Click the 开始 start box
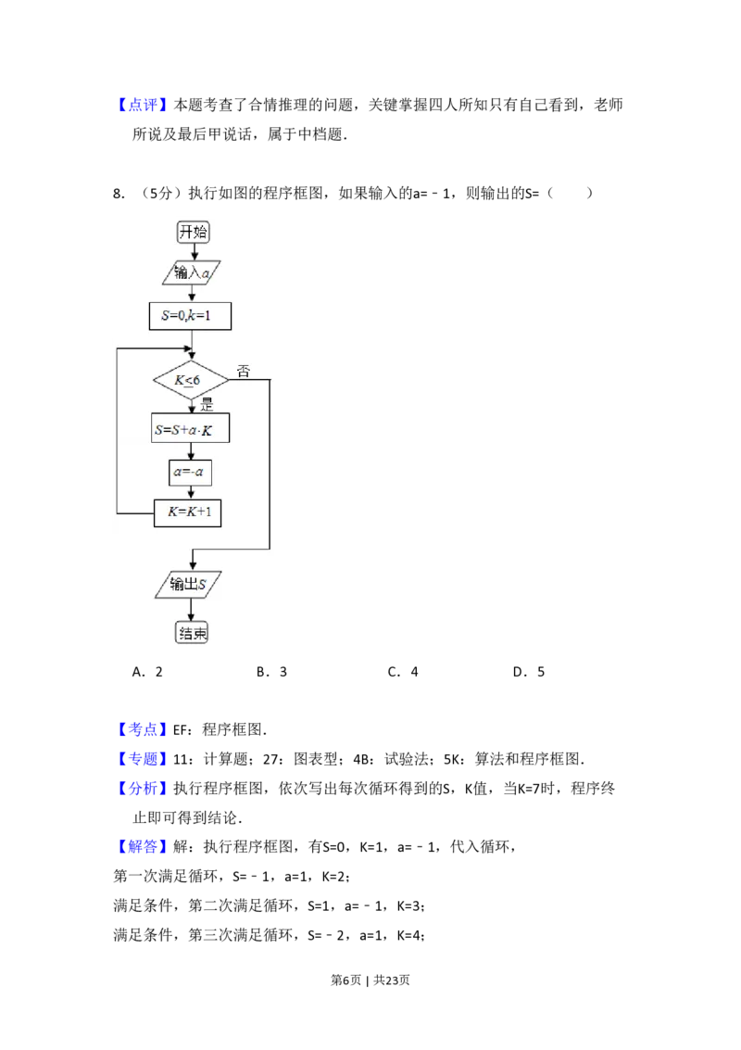(193, 232)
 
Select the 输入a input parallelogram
(192, 272)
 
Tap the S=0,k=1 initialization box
(190, 316)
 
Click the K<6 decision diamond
(191, 380)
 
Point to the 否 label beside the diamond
(244, 372)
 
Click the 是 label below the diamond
(207, 404)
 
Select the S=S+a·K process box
(190, 429)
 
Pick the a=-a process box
(191, 473)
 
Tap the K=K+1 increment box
(187, 512)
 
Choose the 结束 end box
(193, 633)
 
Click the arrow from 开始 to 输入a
(193, 251)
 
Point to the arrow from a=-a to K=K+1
(191, 493)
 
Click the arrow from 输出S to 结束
(192, 610)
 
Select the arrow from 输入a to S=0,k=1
(192, 294)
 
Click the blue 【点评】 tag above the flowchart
(144, 106)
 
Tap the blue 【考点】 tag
(144, 730)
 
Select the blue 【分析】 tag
(144, 790)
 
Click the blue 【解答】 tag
(144, 847)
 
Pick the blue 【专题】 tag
(144, 760)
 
